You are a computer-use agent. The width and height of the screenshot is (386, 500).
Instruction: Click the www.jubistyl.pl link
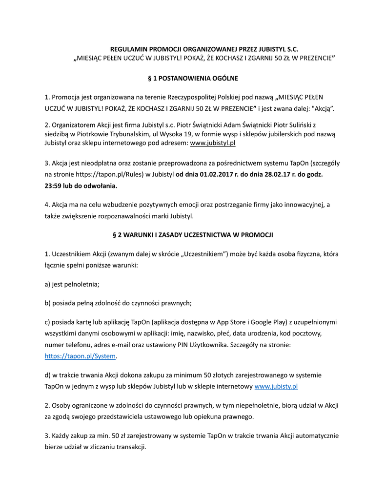click(x=213, y=143)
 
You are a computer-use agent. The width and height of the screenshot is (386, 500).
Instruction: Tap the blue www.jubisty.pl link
click(x=276, y=386)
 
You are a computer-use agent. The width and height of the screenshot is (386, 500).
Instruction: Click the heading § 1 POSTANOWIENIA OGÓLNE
click(x=193, y=78)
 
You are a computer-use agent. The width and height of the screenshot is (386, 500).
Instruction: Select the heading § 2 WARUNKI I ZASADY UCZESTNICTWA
click(x=193, y=235)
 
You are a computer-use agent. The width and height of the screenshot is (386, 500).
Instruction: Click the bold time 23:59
click(x=54, y=186)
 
